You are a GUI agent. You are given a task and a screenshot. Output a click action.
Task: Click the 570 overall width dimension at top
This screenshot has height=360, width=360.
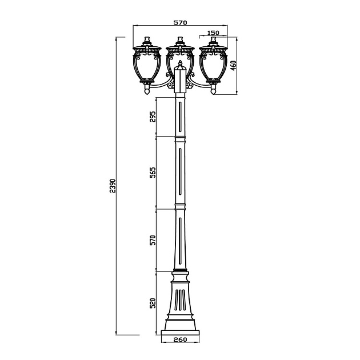pyautogui.click(x=180, y=22)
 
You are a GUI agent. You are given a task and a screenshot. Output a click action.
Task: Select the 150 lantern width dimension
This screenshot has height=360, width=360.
pyautogui.click(x=213, y=33)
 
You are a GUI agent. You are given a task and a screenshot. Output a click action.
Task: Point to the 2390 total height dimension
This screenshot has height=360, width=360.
pyautogui.click(x=113, y=186)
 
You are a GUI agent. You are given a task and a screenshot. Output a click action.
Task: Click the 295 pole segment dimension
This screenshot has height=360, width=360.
pyautogui.click(x=153, y=117)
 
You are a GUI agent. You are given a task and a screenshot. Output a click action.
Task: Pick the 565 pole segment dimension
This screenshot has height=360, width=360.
pyautogui.click(x=153, y=173)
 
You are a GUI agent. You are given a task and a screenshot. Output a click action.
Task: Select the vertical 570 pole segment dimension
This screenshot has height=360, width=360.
pyautogui.click(x=153, y=240)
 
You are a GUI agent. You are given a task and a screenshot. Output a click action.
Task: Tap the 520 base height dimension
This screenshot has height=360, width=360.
pyautogui.click(x=153, y=303)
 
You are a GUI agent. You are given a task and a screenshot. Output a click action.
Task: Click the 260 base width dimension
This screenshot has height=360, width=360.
pyautogui.click(x=180, y=340)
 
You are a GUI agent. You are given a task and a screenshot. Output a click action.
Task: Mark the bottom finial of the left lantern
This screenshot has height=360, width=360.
pyautogui.click(x=147, y=89)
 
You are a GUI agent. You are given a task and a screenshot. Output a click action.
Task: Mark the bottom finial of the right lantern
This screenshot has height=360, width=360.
pyautogui.click(x=213, y=89)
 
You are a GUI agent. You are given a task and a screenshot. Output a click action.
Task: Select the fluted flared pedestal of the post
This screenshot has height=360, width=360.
pyautogui.click(x=180, y=300)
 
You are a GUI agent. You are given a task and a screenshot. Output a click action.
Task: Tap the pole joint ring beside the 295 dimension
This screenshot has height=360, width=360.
pyautogui.click(x=180, y=137)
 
